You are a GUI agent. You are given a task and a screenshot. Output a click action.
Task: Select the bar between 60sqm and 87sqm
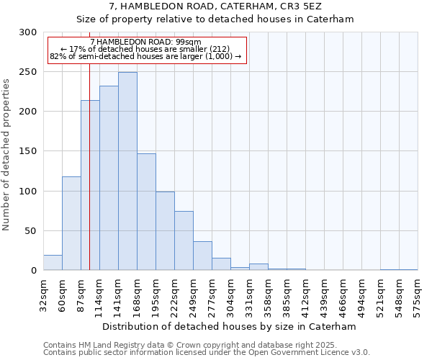(71, 223)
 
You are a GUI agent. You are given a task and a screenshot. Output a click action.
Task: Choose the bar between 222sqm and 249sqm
(184, 240)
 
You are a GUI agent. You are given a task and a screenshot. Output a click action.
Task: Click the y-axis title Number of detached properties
(6, 152)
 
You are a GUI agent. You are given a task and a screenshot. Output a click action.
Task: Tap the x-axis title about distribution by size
(230, 326)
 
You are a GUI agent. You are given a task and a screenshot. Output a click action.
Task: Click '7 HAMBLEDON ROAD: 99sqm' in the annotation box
(147, 42)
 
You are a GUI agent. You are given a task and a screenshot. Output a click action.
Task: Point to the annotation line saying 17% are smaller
(147, 49)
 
